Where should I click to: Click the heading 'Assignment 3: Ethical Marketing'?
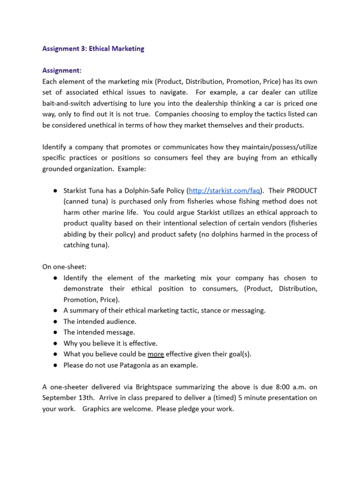pyautogui.click(x=93, y=49)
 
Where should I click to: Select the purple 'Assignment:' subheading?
pyautogui.click(x=62, y=70)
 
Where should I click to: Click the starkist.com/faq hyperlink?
pyautogui.click(x=224, y=191)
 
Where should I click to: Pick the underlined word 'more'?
pyautogui.click(x=156, y=354)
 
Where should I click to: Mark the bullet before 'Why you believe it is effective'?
pyautogui.click(x=55, y=343)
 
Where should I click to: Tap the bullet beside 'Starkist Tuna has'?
pyautogui.click(x=55, y=191)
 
